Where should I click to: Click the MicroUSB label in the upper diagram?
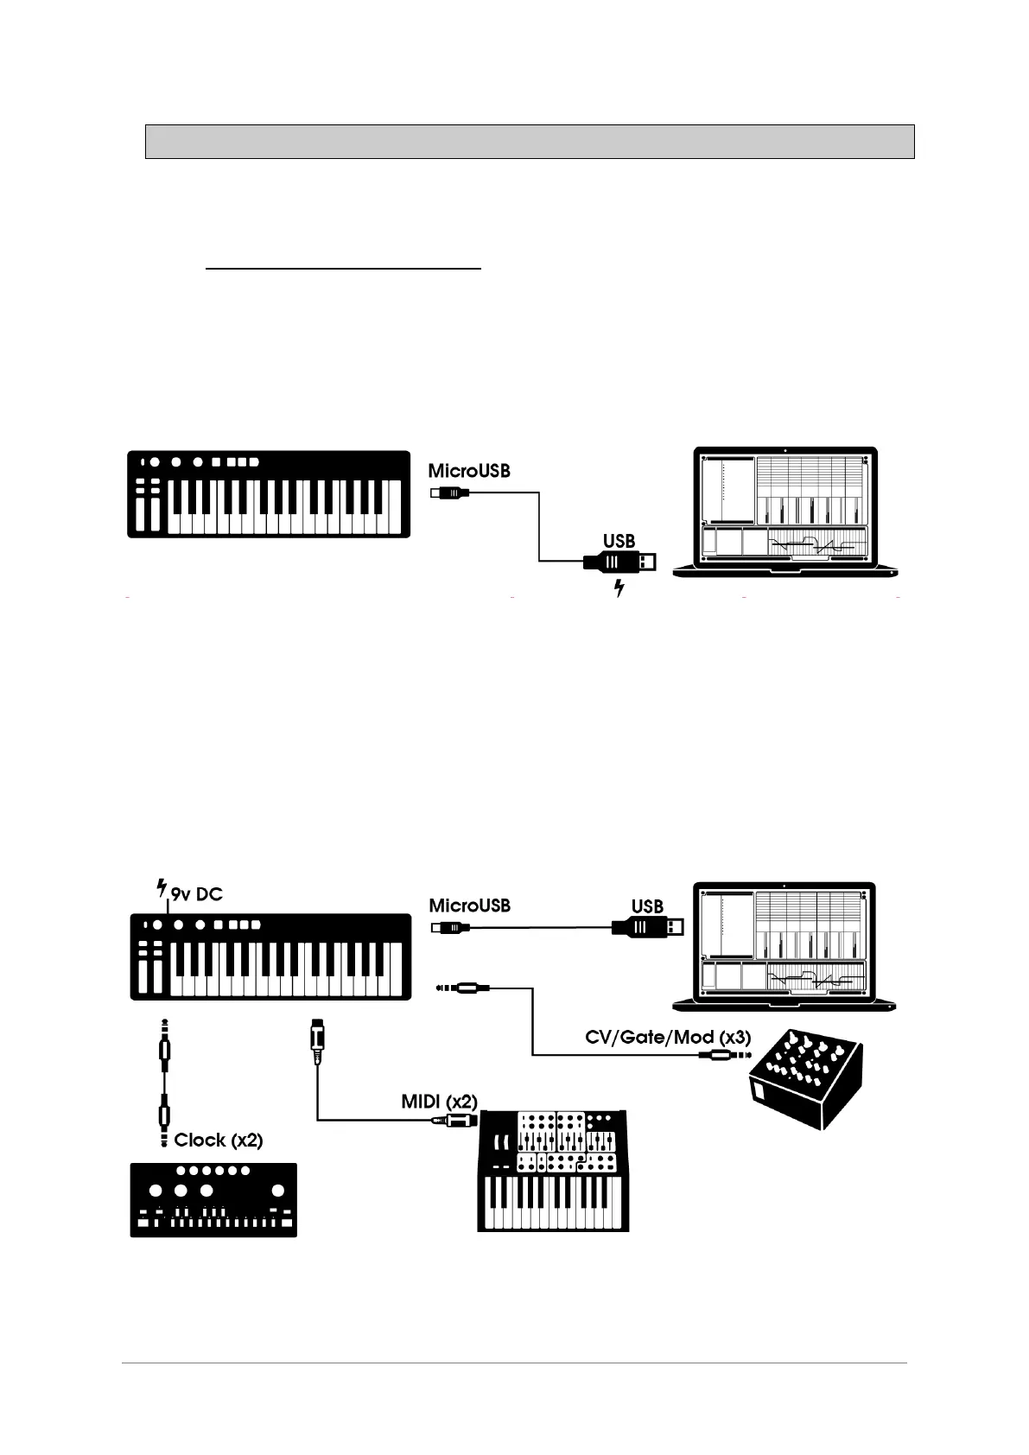[469, 471]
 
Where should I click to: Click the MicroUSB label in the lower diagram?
[469, 905]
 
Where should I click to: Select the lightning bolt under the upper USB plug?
[619, 589]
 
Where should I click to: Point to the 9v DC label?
[197, 894]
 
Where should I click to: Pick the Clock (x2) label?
[218, 1140]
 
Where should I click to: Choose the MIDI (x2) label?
[439, 1102]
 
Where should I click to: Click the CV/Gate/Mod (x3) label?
[668, 1037]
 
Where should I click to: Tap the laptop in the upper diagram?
[784, 511]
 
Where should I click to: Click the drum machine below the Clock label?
[213, 1199]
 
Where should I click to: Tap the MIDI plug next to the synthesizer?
[455, 1121]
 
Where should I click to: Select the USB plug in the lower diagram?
[648, 927]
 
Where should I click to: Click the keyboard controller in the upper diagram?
[269, 494]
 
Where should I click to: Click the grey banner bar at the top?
[530, 142]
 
